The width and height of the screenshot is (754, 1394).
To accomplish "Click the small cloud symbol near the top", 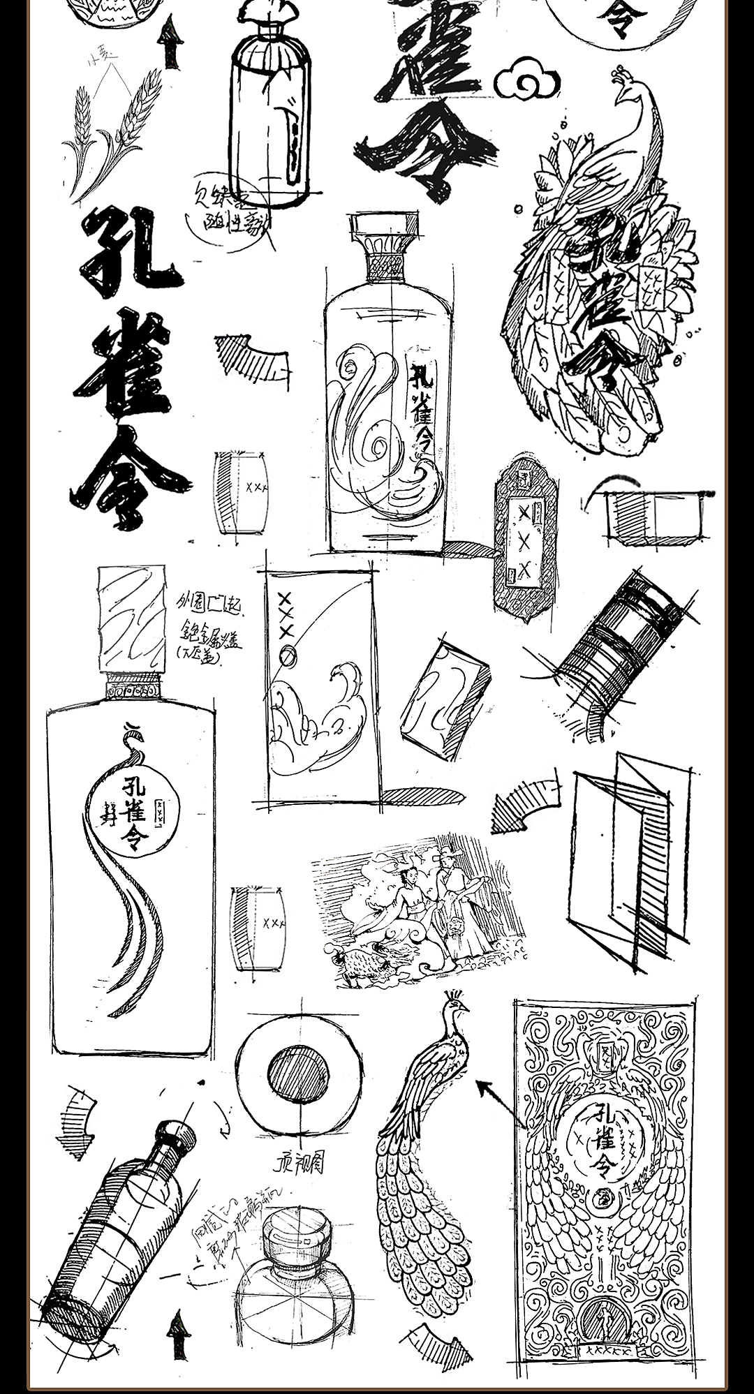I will pyautogui.click(x=527, y=80).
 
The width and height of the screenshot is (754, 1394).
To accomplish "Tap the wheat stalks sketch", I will pyautogui.click(x=115, y=136).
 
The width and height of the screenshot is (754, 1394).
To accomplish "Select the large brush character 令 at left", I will pyautogui.click(x=129, y=478).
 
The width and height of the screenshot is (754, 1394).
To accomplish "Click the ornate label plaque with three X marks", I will pyautogui.click(x=524, y=537).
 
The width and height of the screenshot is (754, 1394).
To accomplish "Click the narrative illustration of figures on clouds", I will pyautogui.click(x=419, y=911).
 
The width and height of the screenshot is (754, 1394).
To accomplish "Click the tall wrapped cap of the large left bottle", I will pyautogui.click(x=132, y=618).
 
